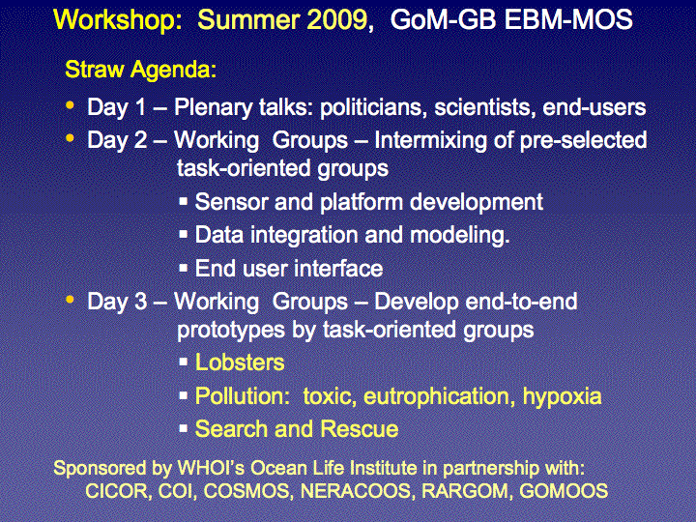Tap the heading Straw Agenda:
pos(141,70)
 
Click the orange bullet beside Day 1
pos(70,105)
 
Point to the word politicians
pos(374,107)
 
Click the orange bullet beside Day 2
pos(70,138)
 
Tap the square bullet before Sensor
pos(184,201)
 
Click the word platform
pos(361,202)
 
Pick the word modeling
pos(460,235)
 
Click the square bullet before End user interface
pos(184,268)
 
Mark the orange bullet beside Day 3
pos(70,300)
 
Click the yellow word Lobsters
pos(240,362)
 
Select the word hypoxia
pos(562,396)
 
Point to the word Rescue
pos(359,429)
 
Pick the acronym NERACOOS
pos(355,491)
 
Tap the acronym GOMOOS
pos(564,491)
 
